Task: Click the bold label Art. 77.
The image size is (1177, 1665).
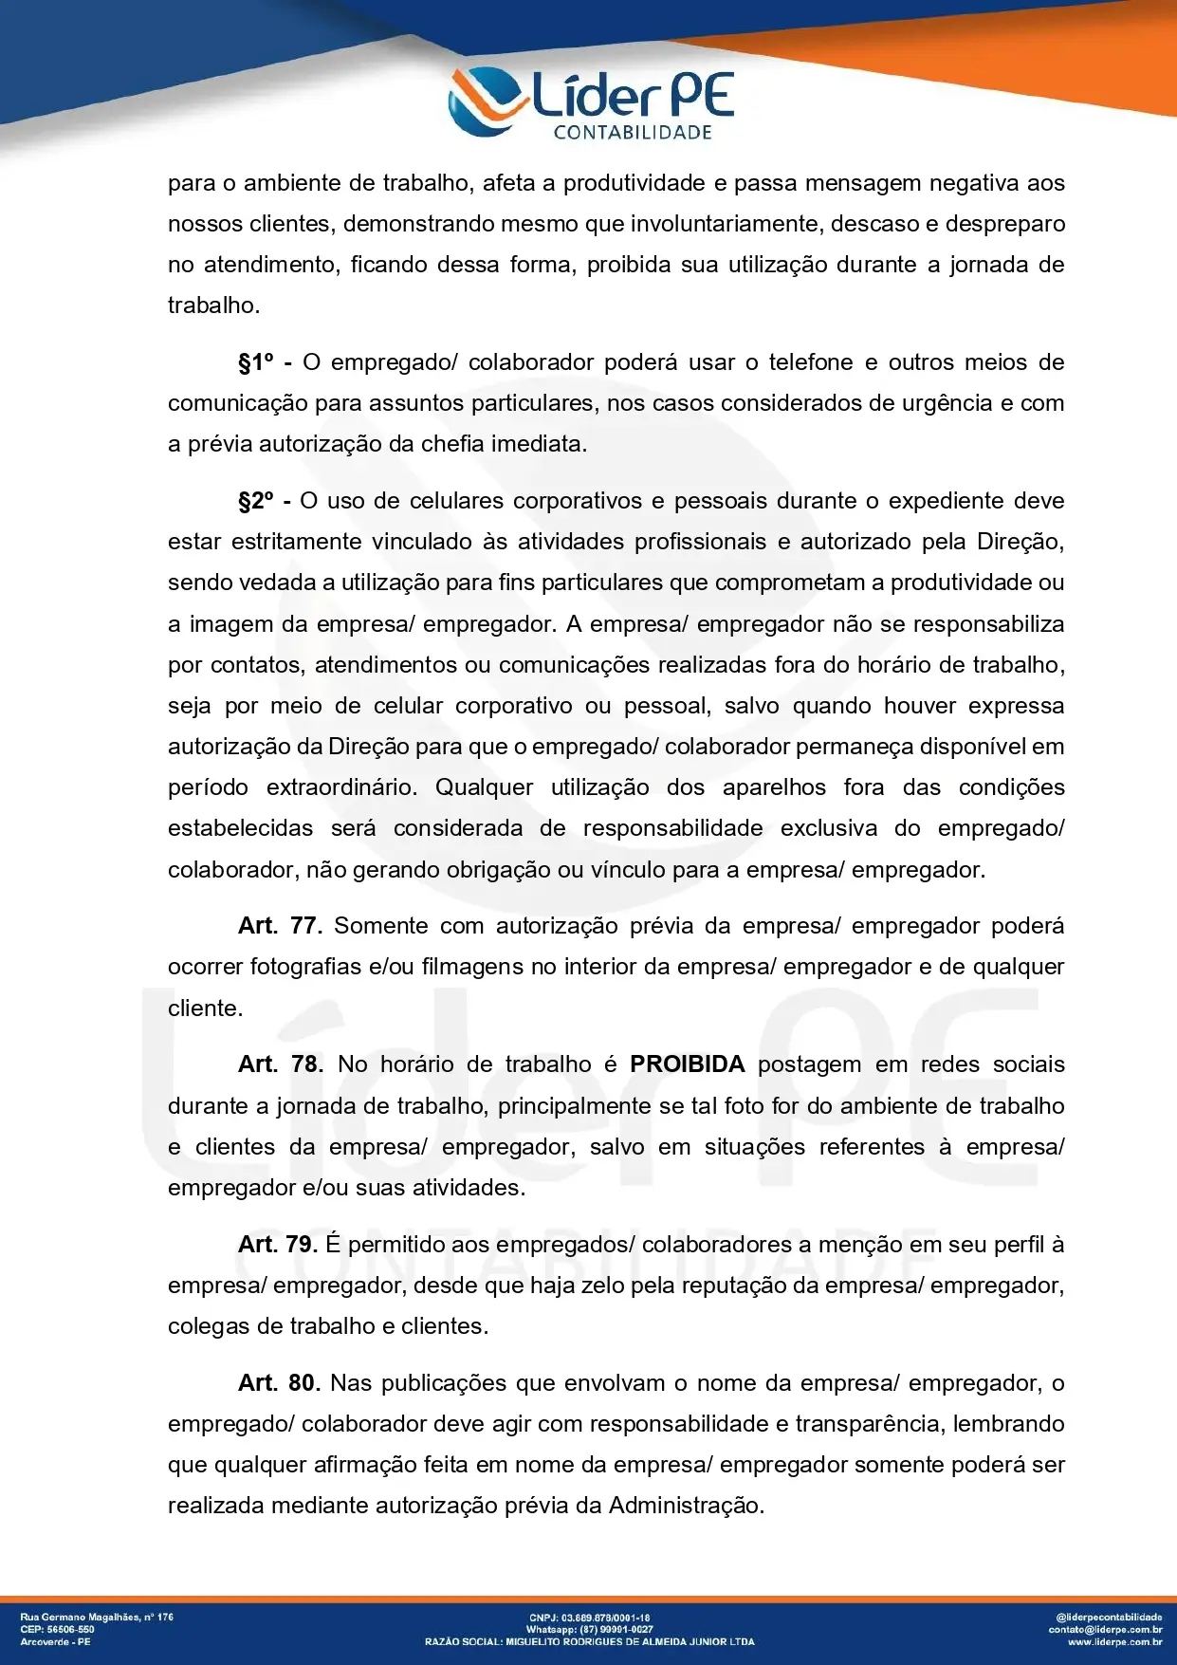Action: tap(280, 926)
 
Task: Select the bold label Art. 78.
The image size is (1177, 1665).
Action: tap(280, 1064)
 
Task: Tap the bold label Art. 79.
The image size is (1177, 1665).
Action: tap(277, 1245)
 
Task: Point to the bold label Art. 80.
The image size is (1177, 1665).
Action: tap(279, 1383)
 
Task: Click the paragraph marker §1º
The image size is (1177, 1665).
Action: tap(255, 362)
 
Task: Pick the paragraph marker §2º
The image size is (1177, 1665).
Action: tap(255, 501)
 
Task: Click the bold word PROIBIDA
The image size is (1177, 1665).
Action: tap(687, 1064)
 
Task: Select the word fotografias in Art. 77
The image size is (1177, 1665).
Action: tap(305, 967)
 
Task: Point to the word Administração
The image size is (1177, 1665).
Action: tap(686, 1506)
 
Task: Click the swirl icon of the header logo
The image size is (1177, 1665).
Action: tap(487, 101)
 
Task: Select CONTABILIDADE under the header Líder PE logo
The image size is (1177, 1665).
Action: tap(633, 133)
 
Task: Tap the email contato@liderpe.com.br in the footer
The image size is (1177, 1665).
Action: tap(1105, 1629)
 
